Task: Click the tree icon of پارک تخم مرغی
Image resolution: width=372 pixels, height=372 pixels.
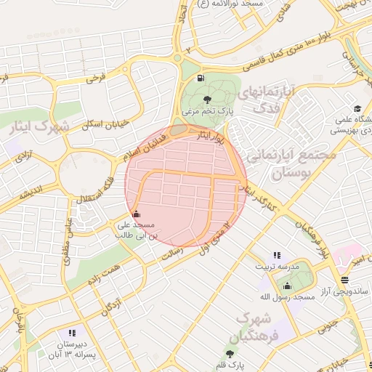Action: pos(209,100)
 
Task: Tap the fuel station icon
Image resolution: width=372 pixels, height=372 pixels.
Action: pos(200,78)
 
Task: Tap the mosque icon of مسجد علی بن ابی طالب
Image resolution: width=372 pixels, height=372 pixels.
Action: pos(137,214)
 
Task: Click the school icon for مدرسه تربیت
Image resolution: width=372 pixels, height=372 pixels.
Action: pos(276,255)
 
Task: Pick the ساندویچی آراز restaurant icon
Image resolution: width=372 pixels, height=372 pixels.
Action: pos(344,280)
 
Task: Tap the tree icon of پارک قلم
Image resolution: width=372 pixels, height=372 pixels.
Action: pos(230,353)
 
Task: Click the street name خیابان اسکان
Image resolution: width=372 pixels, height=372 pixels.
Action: pos(105,124)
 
